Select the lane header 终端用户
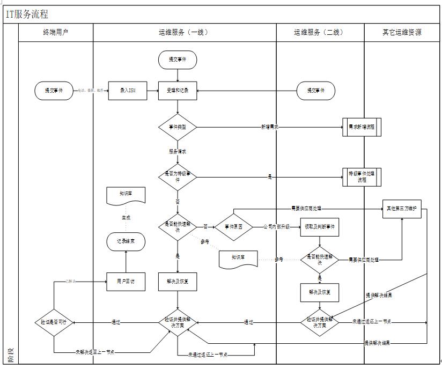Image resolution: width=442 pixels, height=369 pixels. (x=56, y=32)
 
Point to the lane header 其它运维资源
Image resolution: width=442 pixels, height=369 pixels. (x=401, y=32)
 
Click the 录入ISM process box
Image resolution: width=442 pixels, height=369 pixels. (x=128, y=91)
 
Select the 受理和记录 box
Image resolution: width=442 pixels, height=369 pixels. (x=178, y=91)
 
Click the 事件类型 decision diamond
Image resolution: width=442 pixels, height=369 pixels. (x=178, y=127)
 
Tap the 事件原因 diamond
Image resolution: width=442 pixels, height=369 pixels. (x=234, y=227)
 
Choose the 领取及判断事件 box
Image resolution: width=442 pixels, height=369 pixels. (x=320, y=227)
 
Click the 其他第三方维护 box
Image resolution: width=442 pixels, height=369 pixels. (x=402, y=208)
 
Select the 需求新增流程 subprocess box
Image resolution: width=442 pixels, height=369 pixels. (x=362, y=128)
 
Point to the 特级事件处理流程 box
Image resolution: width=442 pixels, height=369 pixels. (x=362, y=176)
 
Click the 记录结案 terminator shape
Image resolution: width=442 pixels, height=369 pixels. (x=126, y=241)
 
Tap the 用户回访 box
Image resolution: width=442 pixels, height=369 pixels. (x=126, y=281)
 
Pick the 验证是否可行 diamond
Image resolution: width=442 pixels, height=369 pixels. (x=54, y=322)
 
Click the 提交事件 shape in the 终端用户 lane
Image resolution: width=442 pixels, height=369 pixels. (x=54, y=91)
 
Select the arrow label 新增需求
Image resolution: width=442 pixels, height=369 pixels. (x=270, y=127)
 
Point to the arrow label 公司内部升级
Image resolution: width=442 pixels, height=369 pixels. (x=276, y=227)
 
